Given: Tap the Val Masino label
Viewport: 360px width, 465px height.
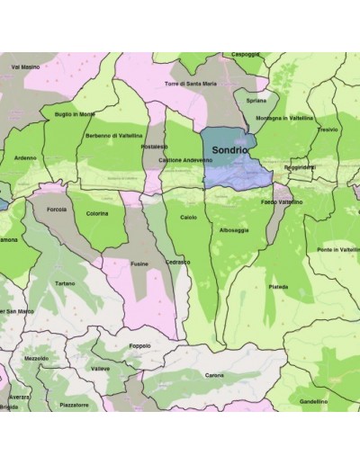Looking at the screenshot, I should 25,67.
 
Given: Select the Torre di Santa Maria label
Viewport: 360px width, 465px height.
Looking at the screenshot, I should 190,84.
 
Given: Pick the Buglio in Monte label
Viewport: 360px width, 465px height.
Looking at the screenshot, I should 74,114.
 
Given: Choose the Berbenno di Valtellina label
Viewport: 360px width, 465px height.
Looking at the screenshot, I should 114,136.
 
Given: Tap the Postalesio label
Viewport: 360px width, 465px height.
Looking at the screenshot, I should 155,146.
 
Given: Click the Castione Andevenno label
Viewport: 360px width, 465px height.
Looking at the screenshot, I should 185,160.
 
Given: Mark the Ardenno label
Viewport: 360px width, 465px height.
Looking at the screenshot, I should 26,157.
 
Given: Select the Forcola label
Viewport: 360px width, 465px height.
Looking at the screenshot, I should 57,210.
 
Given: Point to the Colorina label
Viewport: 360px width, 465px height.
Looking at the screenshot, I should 97,213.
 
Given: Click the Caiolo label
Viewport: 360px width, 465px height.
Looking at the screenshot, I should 188,218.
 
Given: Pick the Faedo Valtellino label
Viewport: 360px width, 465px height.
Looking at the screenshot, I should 282,202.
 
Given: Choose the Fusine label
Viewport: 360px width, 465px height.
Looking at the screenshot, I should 139,264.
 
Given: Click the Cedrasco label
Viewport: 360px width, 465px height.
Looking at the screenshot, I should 176,262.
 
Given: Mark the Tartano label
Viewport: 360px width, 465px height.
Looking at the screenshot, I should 65,283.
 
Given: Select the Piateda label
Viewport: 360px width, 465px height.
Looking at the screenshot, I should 279,287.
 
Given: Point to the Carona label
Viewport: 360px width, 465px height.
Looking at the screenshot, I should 214,374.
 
